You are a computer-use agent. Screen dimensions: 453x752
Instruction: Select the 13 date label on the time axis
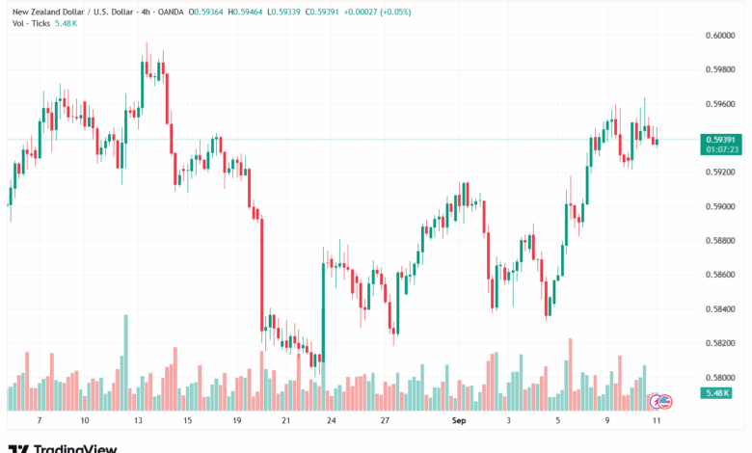pyautogui.click(x=138, y=421)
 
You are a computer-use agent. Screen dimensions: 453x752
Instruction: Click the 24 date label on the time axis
pyautogui.click(x=331, y=421)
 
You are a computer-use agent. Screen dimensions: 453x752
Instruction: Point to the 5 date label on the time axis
pyautogui.click(x=558, y=421)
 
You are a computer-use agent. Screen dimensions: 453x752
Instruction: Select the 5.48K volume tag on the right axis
pyautogui.click(x=718, y=393)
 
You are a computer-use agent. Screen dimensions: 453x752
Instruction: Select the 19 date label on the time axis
pyautogui.click(x=234, y=421)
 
